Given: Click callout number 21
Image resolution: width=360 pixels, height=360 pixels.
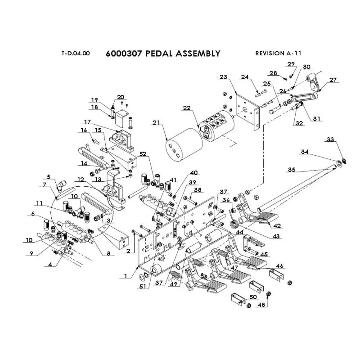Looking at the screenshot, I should tap(156, 123).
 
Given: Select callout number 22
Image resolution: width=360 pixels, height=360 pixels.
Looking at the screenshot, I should tap(187, 108).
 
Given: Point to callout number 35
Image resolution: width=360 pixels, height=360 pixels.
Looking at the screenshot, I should tap(292, 170).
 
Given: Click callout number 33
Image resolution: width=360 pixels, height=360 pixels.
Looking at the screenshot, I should tap(331, 140).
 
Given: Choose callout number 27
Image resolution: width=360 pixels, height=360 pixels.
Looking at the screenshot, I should tap(333, 80).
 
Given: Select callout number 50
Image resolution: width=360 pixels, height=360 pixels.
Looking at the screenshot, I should tap(253, 297).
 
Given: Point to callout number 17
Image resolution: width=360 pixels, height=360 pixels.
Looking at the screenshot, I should tap(87, 121).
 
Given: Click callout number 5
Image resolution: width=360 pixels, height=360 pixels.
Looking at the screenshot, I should tap(49, 176).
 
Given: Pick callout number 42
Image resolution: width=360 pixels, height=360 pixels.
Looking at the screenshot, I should tap(278, 226).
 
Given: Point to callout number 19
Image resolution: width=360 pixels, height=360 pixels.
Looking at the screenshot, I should tap(94, 100).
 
